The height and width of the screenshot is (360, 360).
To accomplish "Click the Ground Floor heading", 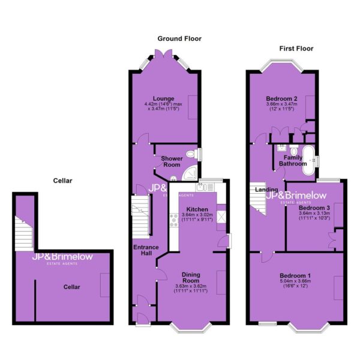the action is click(x=179, y=38).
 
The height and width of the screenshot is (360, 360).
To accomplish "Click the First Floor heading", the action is click(x=296, y=49).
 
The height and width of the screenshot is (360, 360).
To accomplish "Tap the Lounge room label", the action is click(x=163, y=98).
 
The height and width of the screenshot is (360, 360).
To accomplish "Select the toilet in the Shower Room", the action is click(x=192, y=154).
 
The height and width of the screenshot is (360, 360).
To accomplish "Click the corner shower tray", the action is click(x=190, y=172).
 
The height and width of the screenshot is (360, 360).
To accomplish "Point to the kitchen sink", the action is click(x=201, y=187).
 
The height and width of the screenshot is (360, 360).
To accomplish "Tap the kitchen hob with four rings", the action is click(x=174, y=220).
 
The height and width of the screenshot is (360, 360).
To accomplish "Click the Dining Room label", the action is click(x=191, y=278).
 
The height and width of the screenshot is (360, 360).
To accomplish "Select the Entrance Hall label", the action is click(x=146, y=250).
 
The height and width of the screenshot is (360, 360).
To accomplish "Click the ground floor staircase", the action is click(x=140, y=217).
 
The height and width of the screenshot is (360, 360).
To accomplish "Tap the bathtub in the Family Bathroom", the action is click(x=309, y=160).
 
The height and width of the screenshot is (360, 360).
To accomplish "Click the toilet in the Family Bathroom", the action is click(x=293, y=149).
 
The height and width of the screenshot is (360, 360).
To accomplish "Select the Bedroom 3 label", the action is click(x=314, y=208).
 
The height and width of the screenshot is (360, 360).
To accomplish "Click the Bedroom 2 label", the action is click(x=282, y=98).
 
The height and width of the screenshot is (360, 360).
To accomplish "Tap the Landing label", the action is click(x=266, y=190).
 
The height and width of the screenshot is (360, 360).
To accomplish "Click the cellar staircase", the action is click(x=24, y=233).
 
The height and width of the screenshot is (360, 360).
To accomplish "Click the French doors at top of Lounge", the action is click(x=163, y=53).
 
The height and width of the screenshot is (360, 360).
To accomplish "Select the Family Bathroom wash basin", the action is click(x=281, y=148).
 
